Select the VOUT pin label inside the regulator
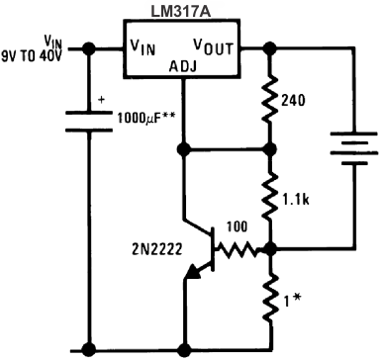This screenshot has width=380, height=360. pyautogui.click(x=214, y=45)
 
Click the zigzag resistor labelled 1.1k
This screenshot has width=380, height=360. pyautogui.click(x=270, y=198)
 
